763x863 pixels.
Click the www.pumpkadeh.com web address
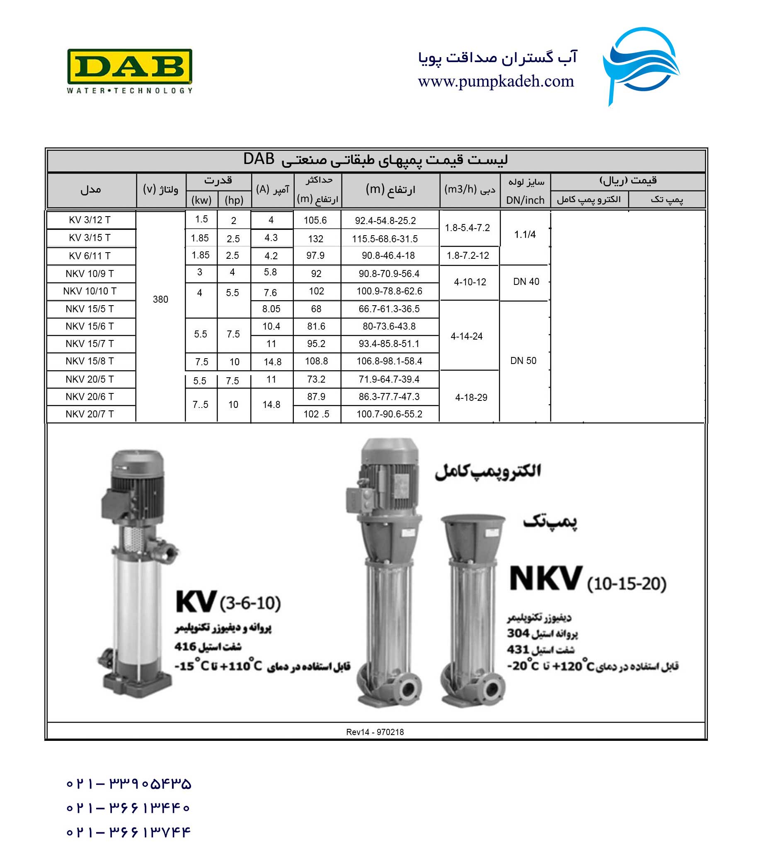coord(496,81)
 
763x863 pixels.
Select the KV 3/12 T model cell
coord(90,220)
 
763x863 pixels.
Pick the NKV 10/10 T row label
coord(90,292)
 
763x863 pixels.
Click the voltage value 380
coord(160,299)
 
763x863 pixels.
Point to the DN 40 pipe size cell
coord(526,282)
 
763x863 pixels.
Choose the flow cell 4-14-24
coord(466,337)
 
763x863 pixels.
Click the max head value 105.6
coord(315,220)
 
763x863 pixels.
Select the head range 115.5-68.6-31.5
coord(385,239)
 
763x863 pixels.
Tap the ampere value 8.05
coord(271,309)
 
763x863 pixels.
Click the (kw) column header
coord(201,200)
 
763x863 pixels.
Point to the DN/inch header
coord(525,200)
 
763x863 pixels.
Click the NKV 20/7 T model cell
coord(90,414)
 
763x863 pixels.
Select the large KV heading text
coord(196,602)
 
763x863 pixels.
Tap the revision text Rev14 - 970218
coord(375,732)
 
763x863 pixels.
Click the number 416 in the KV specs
coord(186,646)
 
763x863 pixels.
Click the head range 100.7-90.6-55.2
coord(389,414)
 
